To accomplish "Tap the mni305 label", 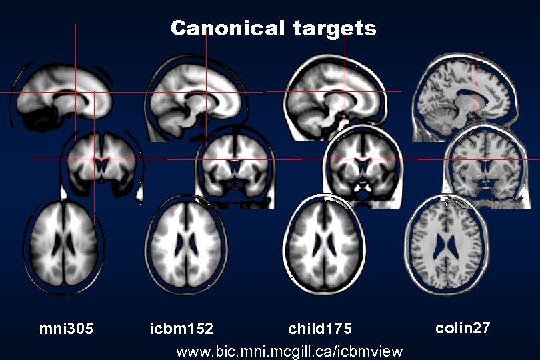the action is (x=66, y=329).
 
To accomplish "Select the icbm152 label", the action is (x=181, y=329).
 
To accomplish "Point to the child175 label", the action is (x=319, y=329).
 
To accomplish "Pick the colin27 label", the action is (x=463, y=327).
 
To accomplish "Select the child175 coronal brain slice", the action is (x=362, y=161).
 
